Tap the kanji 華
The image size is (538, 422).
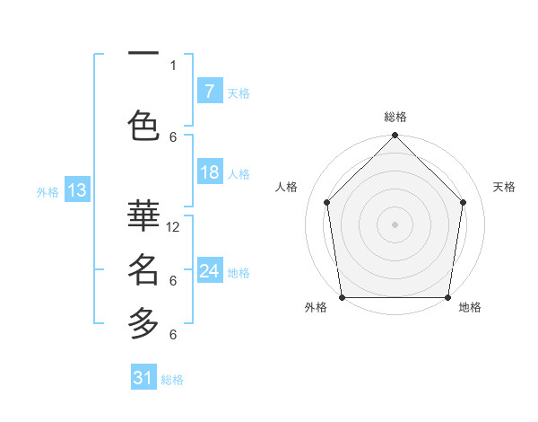[x=143, y=215]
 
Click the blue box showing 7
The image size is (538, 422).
[x=209, y=91]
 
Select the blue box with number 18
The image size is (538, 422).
[x=209, y=172]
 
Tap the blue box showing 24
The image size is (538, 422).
[x=209, y=271]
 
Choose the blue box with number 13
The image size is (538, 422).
[x=77, y=190]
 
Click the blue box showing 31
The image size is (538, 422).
[x=143, y=378]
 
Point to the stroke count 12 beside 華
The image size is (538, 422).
[x=174, y=227]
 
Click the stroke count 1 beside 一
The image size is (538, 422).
[x=173, y=65]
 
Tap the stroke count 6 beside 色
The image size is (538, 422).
[x=173, y=136]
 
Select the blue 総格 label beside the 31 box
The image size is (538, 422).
[x=172, y=380]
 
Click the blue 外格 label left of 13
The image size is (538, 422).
[x=48, y=191]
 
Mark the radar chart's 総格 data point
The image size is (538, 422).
[x=395, y=136]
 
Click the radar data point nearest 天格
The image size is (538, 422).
[x=464, y=202]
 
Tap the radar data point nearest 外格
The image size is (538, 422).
[x=343, y=297]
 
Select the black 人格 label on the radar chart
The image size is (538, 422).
[x=287, y=187]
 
